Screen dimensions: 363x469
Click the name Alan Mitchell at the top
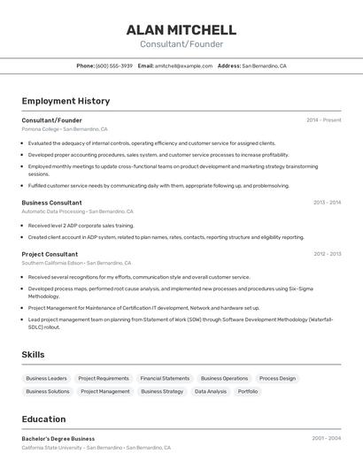coord(181,29)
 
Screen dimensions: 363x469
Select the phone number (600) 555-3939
coord(114,65)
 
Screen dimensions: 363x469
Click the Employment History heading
coord(66,101)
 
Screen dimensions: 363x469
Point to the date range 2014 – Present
coord(323,119)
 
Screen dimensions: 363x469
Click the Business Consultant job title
coord(51,203)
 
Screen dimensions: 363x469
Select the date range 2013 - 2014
coord(327,203)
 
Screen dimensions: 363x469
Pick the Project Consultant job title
coord(50,254)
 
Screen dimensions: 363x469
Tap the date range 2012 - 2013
coord(327,254)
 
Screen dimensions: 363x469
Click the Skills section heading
coord(33,355)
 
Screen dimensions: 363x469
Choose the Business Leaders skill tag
coord(46,379)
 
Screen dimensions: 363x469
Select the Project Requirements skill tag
coord(104,379)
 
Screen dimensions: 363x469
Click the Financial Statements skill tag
coord(165,379)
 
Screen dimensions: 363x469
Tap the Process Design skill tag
coord(277,379)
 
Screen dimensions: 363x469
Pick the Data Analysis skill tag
coord(211,391)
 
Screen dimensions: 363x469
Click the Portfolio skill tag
coord(248,391)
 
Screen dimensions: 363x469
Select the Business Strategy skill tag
coord(162,391)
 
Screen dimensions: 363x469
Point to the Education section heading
coord(43,419)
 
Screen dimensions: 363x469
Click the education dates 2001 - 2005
coord(326,438)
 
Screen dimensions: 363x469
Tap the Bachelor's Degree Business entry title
coord(58,438)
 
